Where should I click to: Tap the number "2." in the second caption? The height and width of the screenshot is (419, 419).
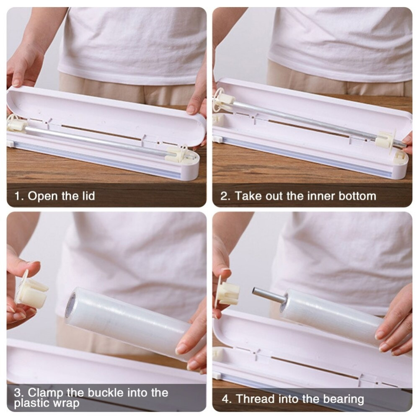click(225, 196)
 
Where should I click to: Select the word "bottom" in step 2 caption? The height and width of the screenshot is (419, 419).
click(357, 196)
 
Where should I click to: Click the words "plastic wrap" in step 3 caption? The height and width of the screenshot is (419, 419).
click(47, 403)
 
